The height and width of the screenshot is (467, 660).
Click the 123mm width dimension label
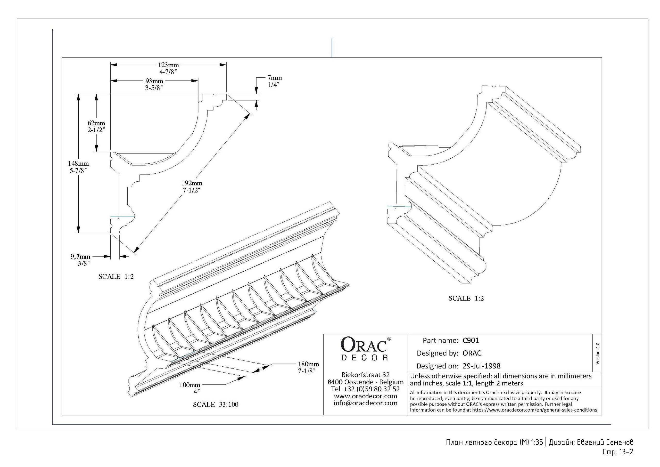[x=168, y=65]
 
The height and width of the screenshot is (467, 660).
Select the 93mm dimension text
[x=154, y=81]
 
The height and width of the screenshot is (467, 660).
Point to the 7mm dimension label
[x=275, y=78]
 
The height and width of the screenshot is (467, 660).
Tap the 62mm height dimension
[x=96, y=123]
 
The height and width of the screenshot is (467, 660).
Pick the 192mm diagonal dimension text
[x=192, y=183]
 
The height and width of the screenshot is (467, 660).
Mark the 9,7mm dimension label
[x=80, y=256]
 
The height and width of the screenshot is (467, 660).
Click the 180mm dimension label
[x=308, y=364]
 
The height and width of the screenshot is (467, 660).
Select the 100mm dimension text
[x=189, y=385]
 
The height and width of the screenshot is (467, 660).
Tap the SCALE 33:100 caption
[x=216, y=405]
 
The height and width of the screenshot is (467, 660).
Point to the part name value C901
[x=471, y=341]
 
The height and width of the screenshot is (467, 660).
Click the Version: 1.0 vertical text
[x=598, y=353]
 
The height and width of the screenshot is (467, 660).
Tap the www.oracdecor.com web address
[x=365, y=396]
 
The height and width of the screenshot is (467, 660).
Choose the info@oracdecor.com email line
[x=365, y=403]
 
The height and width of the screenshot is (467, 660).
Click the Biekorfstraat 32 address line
[x=365, y=375]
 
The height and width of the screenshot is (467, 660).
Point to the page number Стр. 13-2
[x=618, y=452]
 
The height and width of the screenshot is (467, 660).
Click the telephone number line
[x=365, y=389]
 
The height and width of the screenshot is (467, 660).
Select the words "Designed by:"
[x=437, y=353]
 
